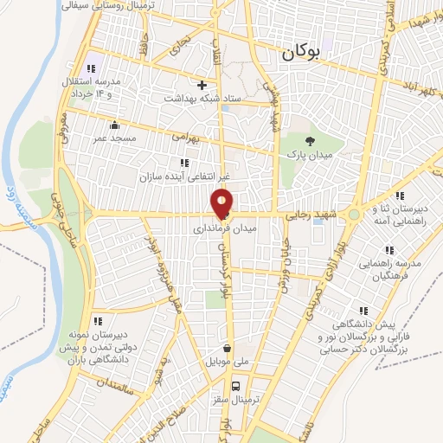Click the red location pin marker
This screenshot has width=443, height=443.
[222, 202]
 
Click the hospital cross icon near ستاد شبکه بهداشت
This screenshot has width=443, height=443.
[202, 86]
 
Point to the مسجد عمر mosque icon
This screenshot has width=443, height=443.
[114, 125]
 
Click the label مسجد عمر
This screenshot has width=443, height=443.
[113, 138]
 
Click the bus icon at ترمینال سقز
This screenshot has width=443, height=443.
[235, 387]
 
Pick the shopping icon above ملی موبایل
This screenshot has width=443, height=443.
[227, 349]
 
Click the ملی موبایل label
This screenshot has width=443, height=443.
[226, 362]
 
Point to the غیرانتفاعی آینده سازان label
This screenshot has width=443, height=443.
[182, 176]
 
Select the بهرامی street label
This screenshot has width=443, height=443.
[185, 136]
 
